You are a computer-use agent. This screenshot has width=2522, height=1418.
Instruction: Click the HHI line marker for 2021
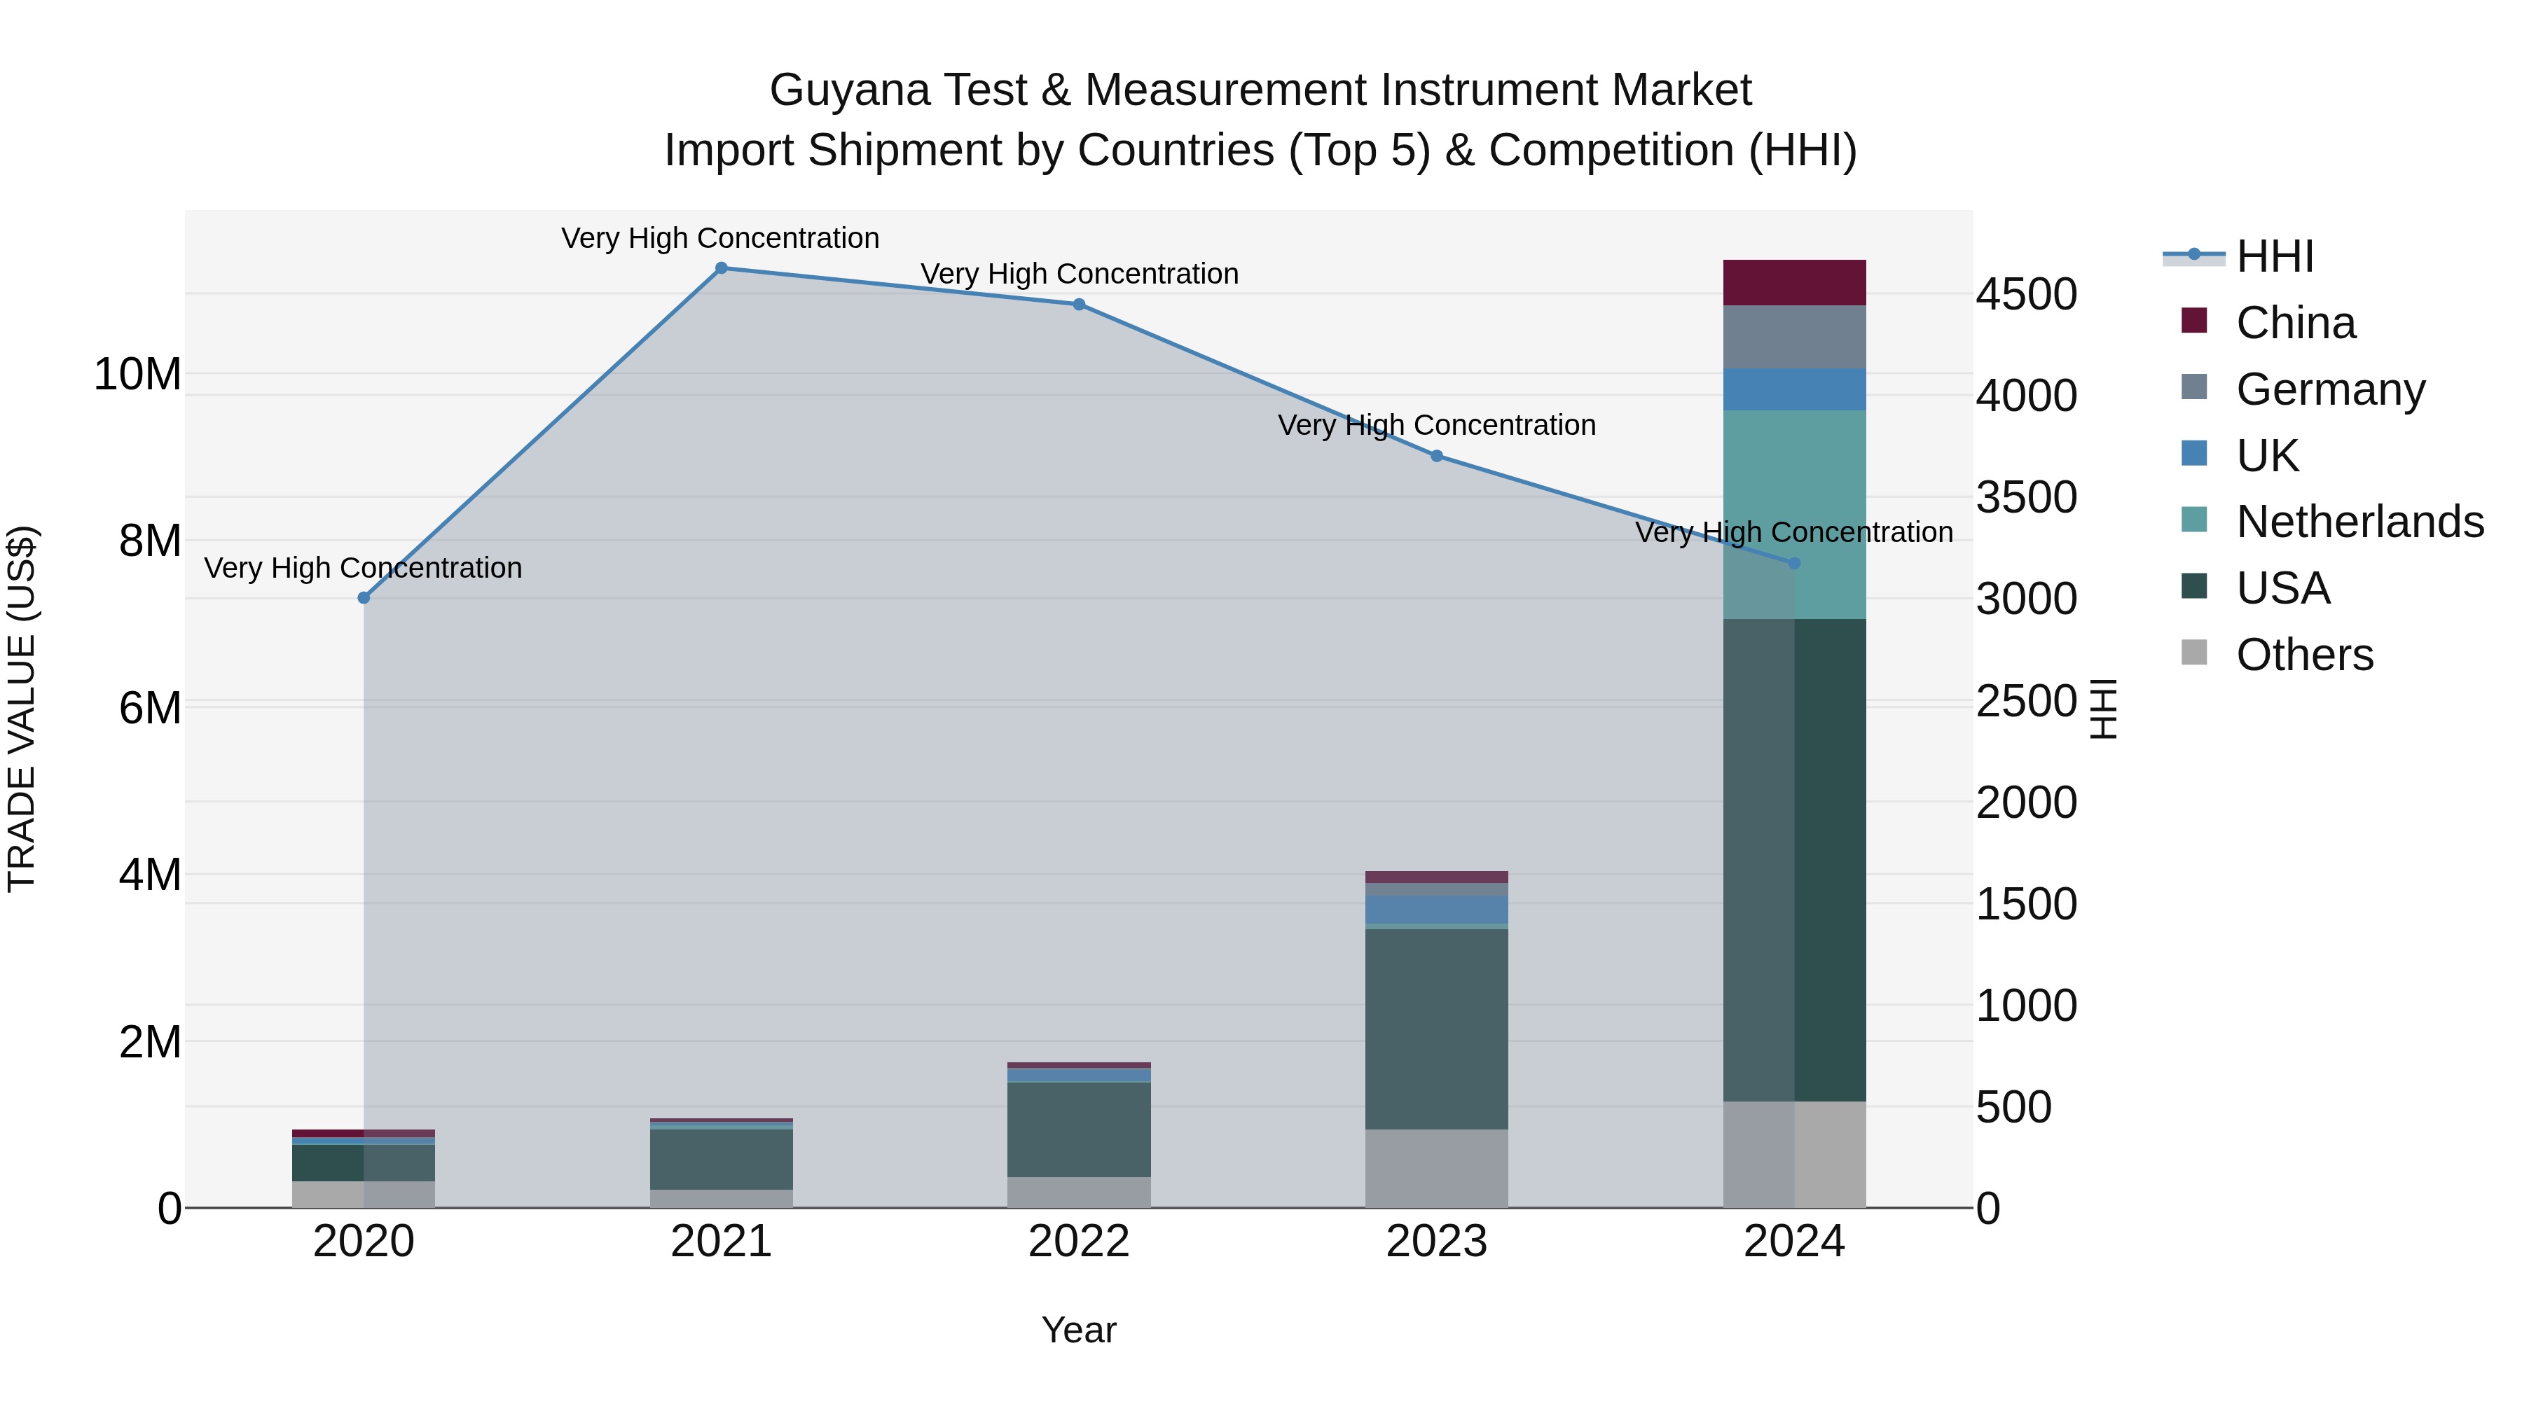click(722, 268)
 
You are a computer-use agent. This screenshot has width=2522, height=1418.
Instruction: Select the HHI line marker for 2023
click(1436, 456)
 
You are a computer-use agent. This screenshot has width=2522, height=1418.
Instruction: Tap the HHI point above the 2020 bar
click(364, 598)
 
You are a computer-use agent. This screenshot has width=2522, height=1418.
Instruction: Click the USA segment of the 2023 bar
click(1436, 1029)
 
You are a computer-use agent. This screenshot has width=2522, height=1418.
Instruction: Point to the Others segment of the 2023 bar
click(1436, 1169)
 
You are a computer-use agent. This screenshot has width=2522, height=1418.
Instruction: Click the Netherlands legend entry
click(2359, 522)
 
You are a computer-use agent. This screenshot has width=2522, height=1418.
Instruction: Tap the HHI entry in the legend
click(2274, 256)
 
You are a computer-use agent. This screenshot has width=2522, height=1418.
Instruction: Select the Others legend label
click(2305, 655)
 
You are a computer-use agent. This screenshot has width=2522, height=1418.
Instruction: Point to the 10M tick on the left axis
click(137, 375)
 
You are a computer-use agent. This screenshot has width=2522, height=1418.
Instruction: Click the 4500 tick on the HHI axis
click(2025, 295)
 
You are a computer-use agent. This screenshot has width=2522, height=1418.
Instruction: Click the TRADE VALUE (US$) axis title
click(22, 709)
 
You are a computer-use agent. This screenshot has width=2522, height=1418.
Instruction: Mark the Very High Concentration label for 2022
click(1079, 274)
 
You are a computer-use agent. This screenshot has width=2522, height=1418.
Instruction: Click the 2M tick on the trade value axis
click(150, 1042)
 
